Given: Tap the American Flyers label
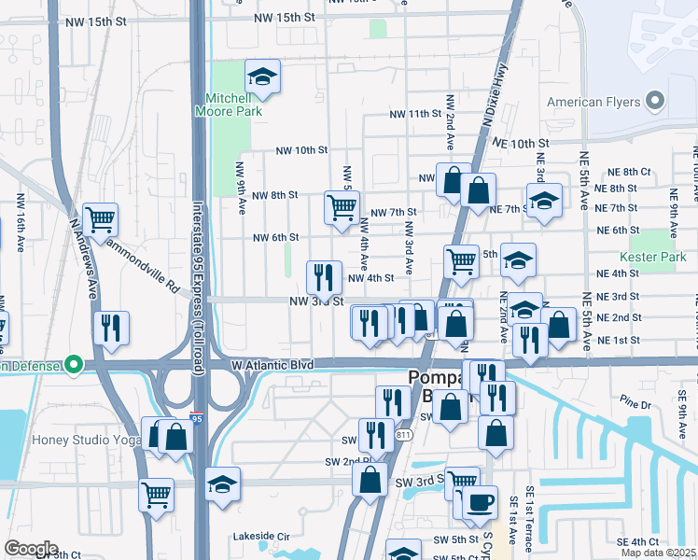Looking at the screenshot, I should [x=593, y=102].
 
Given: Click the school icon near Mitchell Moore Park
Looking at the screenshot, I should [x=263, y=77].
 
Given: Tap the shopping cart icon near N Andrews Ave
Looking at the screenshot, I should [x=100, y=220].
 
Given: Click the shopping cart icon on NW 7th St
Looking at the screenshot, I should [x=341, y=205].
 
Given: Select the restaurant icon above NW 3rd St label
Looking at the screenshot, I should [x=324, y=275].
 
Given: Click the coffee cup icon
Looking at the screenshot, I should [x=480, y=502].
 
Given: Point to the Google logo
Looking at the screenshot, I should [x=31, y=548].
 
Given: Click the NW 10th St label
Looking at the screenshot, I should [x=301, y=149].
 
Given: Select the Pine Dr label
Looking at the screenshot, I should [x=634, y=404].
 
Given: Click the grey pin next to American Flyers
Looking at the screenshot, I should [x=655, y=101].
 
